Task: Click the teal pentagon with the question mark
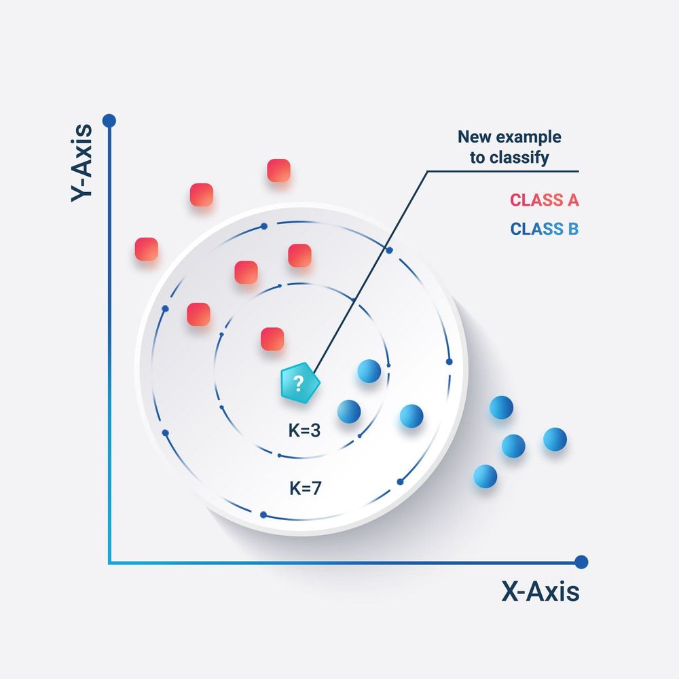[x=298, y=384]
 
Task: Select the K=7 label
[x=305, y=487]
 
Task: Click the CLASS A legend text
[x=544, y=200]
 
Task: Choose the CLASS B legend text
[x=544, y=229]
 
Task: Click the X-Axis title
[x=540, y=592]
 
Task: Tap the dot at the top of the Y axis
[x=109, y=121]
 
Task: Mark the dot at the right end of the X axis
[x=581, y=562]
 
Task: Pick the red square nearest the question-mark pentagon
[x=272, y=339]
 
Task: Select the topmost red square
[x=278, y=170]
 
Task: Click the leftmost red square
[x=147, y=249]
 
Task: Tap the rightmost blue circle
[x=555, y=439]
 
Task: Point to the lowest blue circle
[x=485, y=476]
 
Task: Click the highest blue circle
[x=369, y=371]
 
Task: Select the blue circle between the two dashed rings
[x=411, y=416]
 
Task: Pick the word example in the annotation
[x=532, y=137]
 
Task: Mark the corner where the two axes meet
[x=109, y=562]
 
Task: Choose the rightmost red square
[x=299, y=255]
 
